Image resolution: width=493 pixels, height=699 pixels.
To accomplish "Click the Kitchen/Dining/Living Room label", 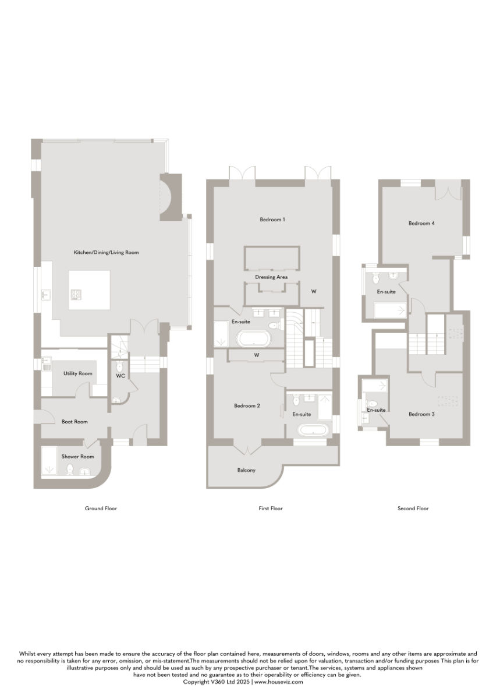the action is point(106,252).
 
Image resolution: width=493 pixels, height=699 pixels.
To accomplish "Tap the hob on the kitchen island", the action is point(76,294).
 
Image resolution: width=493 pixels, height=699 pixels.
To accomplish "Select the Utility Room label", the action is point(77,373).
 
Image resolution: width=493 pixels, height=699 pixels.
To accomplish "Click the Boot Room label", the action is point(75,422).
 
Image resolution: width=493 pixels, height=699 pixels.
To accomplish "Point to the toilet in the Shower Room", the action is point(70,469).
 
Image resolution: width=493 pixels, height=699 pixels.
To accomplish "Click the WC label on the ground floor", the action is point(120,376).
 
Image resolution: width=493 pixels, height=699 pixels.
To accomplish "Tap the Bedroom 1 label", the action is point(272,220).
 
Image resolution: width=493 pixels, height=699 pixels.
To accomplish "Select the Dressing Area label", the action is point(271,277).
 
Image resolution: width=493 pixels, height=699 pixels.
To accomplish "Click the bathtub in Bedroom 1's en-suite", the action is point(254,339).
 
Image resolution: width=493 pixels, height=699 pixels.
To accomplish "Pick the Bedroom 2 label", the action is point(247,405).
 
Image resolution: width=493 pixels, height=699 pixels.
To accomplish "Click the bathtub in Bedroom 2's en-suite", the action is point(313,430).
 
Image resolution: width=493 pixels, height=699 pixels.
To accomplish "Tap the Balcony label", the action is point(246,470).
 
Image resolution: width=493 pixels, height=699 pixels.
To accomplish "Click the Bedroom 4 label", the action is point(421,223).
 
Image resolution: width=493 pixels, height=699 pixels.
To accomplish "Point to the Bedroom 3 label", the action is point(421,414).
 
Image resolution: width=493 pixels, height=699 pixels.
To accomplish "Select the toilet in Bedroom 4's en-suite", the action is point(375,278).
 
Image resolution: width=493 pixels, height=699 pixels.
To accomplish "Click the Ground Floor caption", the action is point(101,509).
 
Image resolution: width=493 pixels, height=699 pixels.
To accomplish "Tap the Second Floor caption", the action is point(413,509).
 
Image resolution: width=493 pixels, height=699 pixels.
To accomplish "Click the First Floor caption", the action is point(270,509).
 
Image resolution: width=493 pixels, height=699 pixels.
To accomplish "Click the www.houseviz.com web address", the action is point(278,682).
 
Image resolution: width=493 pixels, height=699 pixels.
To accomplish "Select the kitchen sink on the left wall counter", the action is point(45,294).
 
